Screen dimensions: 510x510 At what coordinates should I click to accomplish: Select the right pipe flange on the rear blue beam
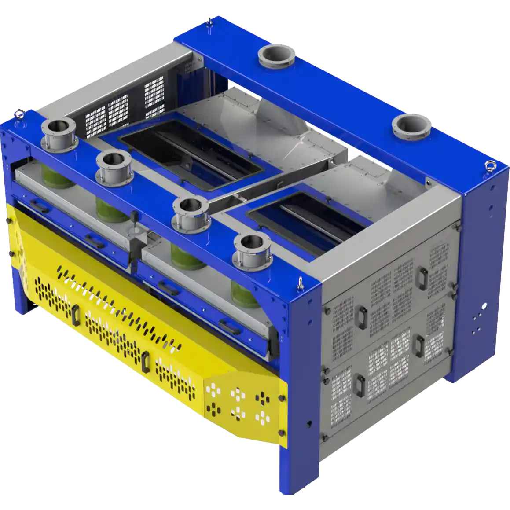tap(411, 126)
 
